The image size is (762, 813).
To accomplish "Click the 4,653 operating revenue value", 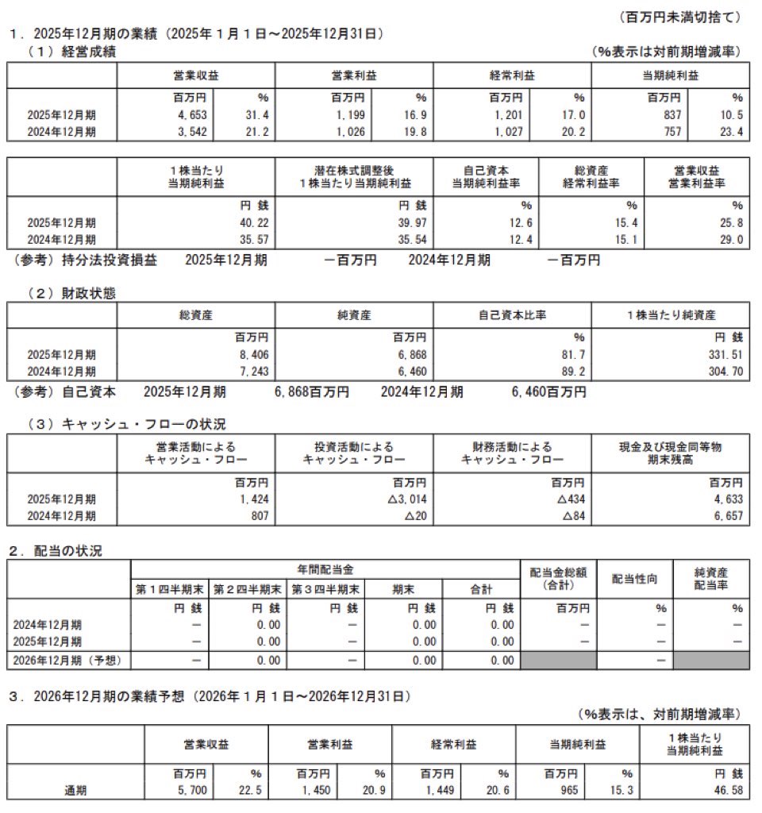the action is [191, 115].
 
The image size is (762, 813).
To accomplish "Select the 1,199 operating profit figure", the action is [350, 115].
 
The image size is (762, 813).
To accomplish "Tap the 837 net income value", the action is [671, 115].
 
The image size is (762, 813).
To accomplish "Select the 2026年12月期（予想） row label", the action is [70, 660].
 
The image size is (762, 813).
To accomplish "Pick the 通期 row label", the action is [76, 791].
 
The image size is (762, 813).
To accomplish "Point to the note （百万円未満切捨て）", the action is [679, 16].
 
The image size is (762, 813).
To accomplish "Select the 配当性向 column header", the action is [634, 580].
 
